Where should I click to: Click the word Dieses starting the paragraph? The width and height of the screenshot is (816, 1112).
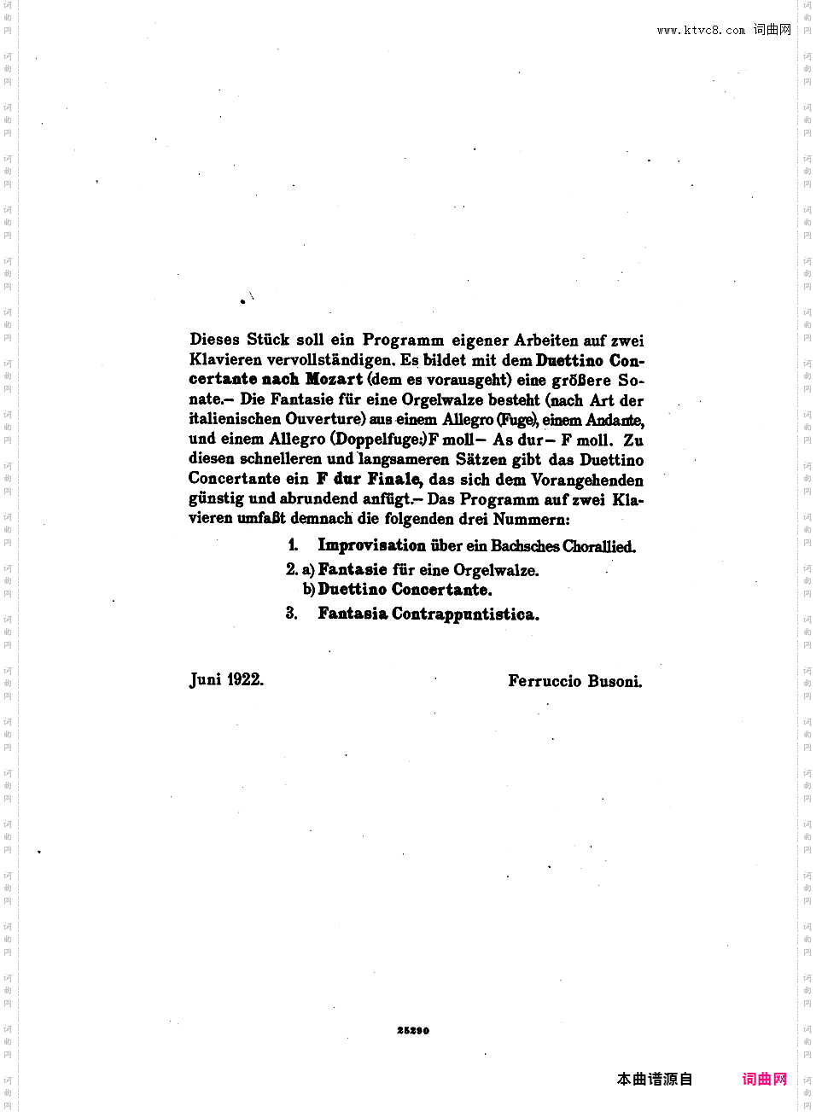coord(214,340)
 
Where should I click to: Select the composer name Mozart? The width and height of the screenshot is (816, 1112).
coord(334,379)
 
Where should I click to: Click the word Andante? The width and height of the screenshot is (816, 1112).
coord(614,420)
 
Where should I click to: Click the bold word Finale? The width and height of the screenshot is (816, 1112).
coord(394,479)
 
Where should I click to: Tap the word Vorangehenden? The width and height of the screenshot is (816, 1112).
coord(587,480)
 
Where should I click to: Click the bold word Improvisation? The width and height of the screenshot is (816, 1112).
coord(371,545)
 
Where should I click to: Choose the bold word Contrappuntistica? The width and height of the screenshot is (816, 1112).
coord(465,614)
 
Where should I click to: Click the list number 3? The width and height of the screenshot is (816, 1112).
coord(291,614)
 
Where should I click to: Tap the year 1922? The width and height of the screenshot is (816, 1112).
coord(245,680)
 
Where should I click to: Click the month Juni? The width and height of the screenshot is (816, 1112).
coord(206,680)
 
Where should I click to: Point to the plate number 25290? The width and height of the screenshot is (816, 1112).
coord(413,1031)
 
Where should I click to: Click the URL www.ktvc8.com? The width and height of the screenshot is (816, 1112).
coord(701,31)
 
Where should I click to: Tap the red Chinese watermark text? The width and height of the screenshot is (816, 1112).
coord(764,1080)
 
